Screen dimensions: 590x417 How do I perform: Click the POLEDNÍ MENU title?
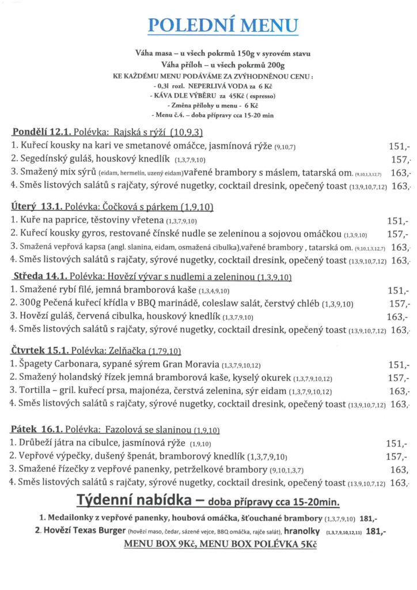click(x=223, y=26)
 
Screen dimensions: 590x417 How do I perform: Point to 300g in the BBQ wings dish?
click(x=29, y=304)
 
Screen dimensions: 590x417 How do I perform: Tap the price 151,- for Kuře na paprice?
click(x=397, y=221)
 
